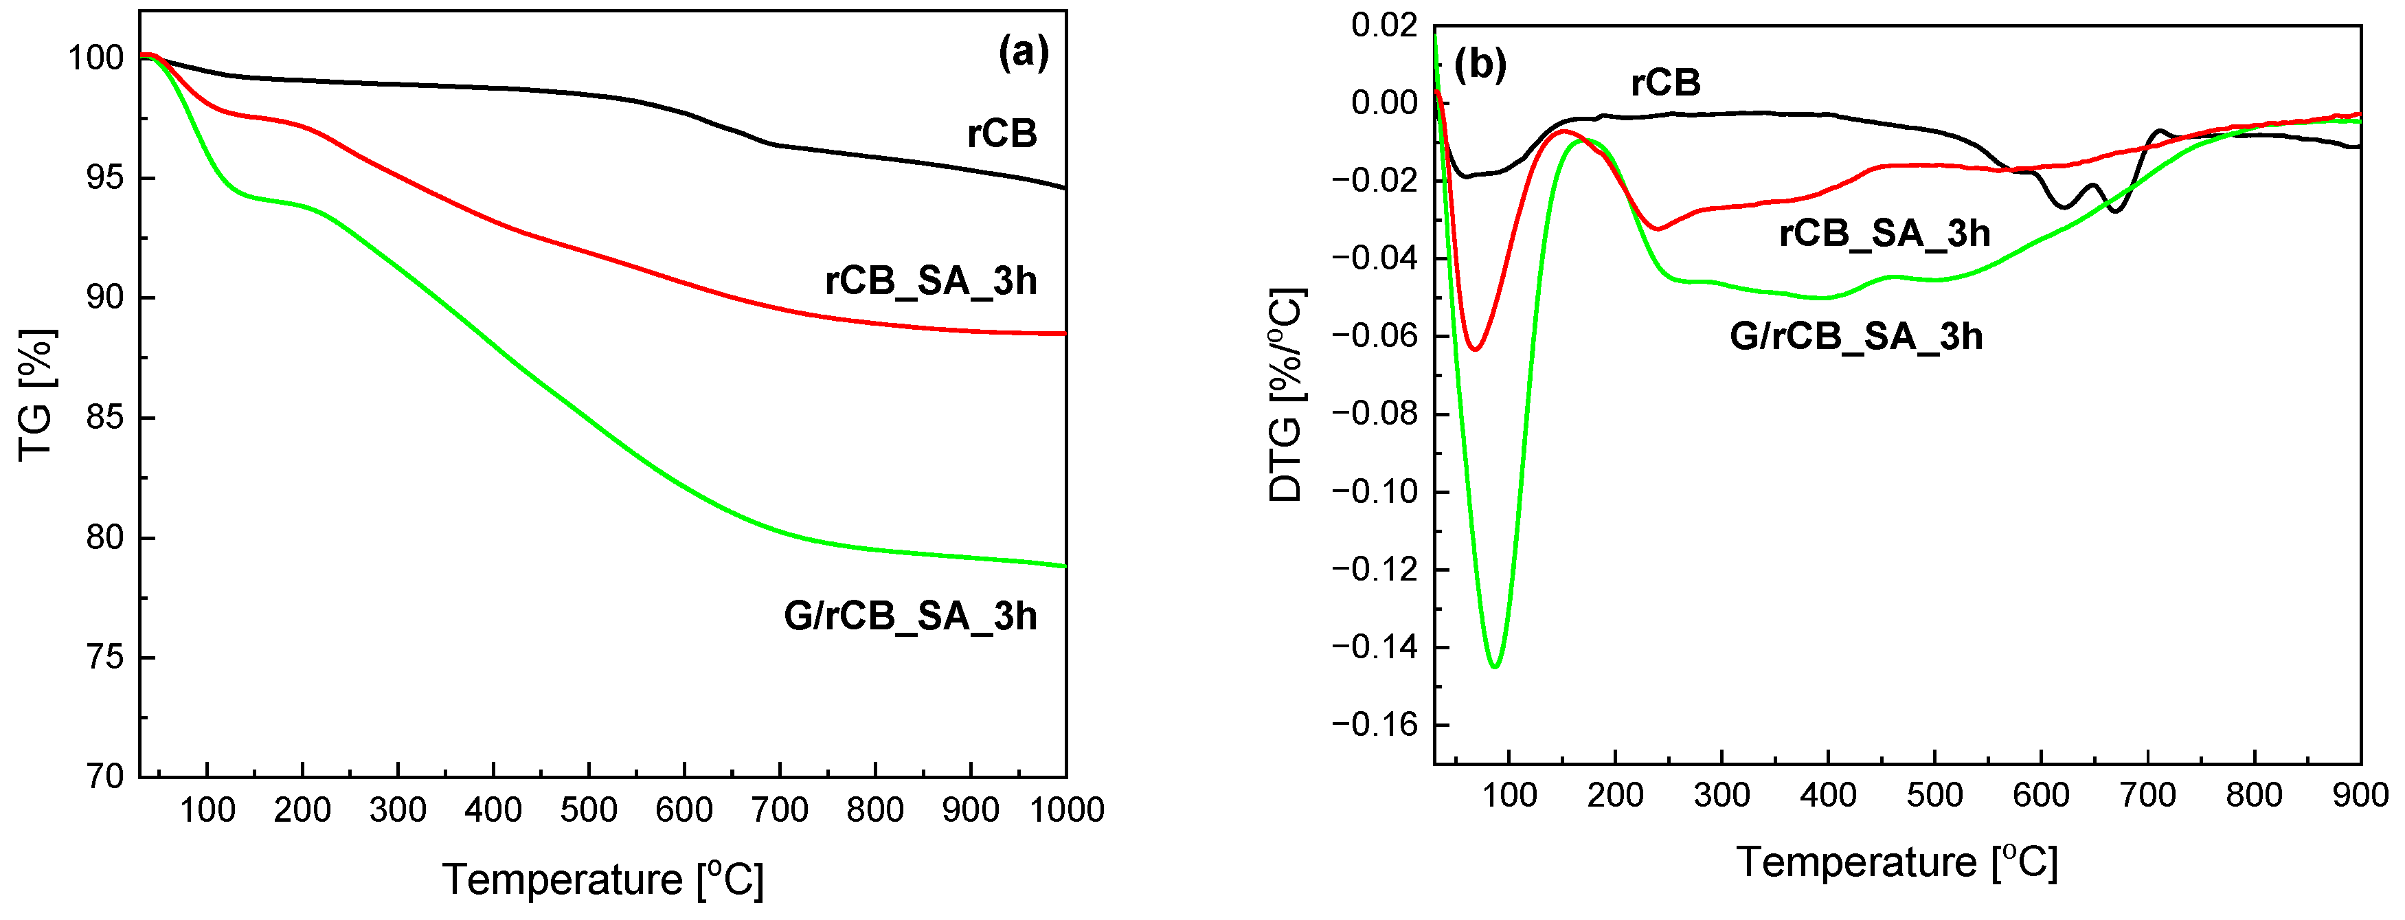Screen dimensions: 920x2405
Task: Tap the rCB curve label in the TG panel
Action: tap(1002, 133)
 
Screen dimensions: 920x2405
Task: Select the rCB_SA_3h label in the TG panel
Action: tap(931, 280)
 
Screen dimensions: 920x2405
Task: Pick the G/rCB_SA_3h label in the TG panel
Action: tap(910, 616)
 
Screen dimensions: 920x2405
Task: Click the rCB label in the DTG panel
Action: tap(1666, 83)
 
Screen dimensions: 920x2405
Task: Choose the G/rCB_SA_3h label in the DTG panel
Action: tap(1856, 335)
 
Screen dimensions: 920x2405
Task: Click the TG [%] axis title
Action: tap(37, 395)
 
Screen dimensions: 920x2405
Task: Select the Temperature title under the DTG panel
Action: tap(1897, 861)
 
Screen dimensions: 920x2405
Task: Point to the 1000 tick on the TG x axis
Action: tap(1066, 810)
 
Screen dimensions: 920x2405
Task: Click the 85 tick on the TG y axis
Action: tap(104, 418)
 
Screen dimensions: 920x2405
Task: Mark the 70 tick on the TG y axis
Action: tap(104, 776)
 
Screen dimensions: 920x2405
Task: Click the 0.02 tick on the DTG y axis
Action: tap(1385, 25)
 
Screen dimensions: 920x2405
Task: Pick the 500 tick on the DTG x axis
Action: tap(1934, 796)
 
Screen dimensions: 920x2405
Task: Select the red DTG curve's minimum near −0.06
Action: tap(1475, 349)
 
